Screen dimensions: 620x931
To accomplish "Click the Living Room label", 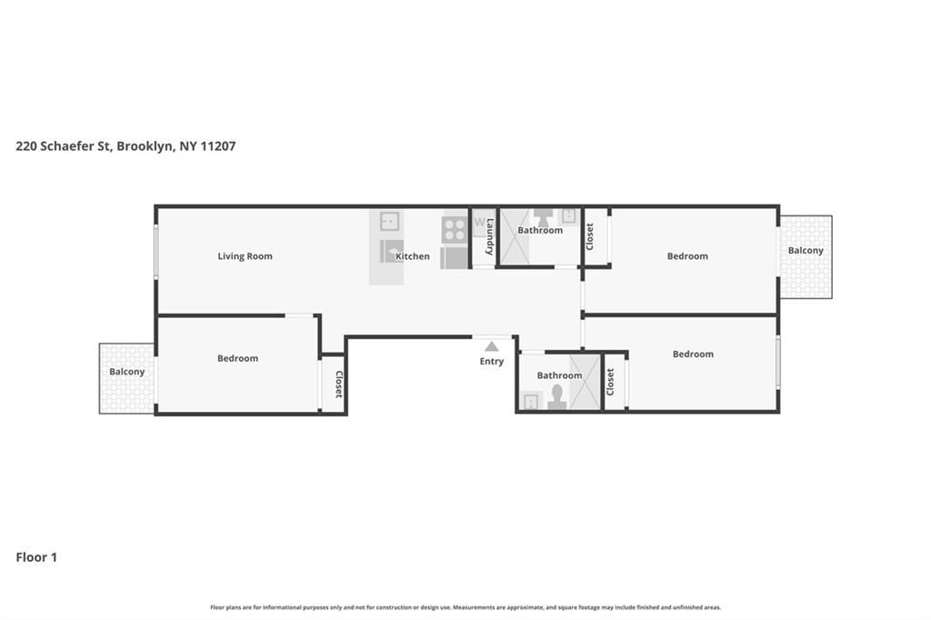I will pos(245,256).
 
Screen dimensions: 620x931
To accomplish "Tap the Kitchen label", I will pos(412,256).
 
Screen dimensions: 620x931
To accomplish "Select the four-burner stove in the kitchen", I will pos(455,228).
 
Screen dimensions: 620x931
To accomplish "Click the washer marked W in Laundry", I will pos(480,223).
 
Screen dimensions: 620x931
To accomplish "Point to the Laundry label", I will pos(489,237).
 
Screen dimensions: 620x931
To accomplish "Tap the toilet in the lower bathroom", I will pos(556,397).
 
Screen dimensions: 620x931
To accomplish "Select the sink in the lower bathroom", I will pos(531,400).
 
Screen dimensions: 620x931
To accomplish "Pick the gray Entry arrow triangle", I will pos(491,346).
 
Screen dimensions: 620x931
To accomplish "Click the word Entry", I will pos(491,362).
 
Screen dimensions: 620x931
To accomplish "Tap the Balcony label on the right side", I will pos(806,251).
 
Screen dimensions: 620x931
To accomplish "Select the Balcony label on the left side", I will pos(126,372).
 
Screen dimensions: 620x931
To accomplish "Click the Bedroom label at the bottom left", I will pos(237,358).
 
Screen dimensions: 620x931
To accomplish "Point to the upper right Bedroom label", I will pos(687,256).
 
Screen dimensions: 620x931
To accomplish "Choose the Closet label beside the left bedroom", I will pos(338,384).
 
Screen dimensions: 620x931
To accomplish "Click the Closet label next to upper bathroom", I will pos(589,236).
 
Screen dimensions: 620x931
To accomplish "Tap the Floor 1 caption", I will pos(36,557).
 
